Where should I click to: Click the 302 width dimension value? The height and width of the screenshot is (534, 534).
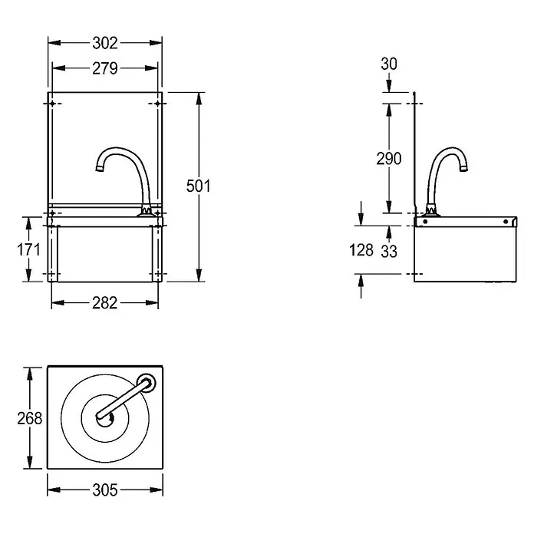105,43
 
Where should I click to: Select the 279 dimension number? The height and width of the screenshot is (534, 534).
105,68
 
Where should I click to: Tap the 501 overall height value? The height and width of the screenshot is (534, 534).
198,186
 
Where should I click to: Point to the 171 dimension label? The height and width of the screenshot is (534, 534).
28,249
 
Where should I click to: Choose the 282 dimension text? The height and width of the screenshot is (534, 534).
105,303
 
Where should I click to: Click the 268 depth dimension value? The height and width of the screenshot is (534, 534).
30,418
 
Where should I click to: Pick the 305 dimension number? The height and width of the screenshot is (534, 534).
105,490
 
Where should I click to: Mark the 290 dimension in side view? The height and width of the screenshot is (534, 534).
389,159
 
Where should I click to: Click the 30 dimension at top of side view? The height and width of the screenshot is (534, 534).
389,64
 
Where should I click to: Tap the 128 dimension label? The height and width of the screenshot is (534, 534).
361,250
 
